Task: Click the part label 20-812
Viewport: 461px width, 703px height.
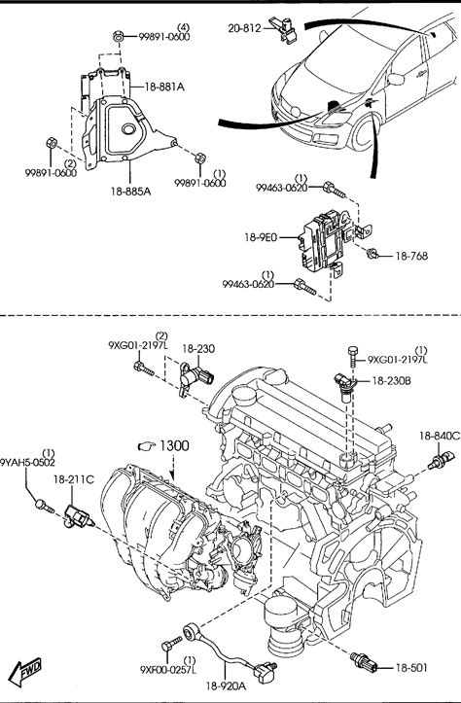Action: coord(244,28)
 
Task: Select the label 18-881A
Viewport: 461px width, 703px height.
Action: coord(164,87)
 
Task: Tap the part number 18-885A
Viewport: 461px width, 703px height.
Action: coord(130,192)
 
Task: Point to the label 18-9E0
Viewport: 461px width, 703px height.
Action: coord(261,237)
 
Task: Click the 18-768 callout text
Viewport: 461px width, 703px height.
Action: coord(411,256)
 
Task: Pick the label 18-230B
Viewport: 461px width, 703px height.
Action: coord(392,380)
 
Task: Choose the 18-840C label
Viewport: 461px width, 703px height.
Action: coord(440,436)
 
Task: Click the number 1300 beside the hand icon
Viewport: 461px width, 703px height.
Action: coord(174,445)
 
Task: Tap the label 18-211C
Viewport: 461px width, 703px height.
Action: coord(74,479)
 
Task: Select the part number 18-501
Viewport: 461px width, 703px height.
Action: coord(411,668)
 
